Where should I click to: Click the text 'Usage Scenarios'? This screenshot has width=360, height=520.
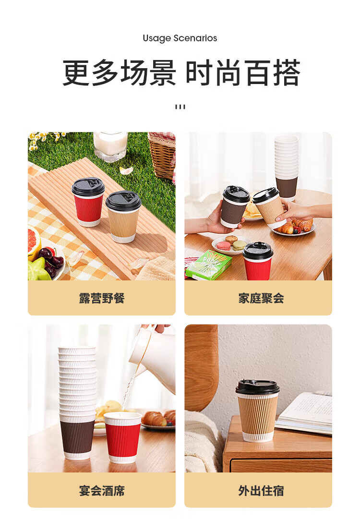tap(180, 38)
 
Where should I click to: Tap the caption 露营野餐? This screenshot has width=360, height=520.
tap(102, 298)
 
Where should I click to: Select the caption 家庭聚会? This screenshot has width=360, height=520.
tap(261, 298)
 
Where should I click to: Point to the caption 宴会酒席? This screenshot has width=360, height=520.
tap(102, 491)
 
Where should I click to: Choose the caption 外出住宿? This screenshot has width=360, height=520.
tap(261, 491)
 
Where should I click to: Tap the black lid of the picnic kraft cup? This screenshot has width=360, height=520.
tap(123, 201)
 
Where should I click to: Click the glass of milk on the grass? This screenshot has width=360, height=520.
tap(110, 145)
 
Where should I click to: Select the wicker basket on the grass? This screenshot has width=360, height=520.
tap(162, 155)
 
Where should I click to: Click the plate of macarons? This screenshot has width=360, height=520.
tap(231, 244)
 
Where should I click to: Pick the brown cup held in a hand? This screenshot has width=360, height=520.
tap(235, 206)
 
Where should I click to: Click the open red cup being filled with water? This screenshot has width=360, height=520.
tap(122, 437)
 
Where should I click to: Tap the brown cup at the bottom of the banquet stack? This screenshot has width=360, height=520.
tap(78, 438)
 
